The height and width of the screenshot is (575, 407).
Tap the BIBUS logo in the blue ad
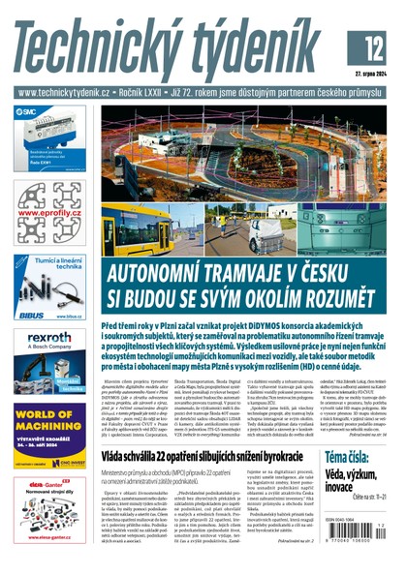point(31,315)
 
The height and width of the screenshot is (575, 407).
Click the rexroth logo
point(44,336)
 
